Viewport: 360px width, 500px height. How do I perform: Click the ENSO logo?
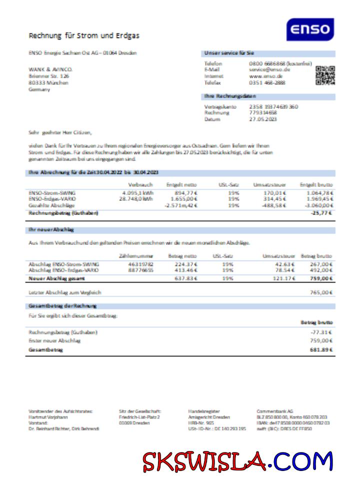tap(310, 29)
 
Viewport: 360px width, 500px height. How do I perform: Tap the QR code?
tap(325, 75)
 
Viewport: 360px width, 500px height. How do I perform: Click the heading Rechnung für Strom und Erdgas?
tap(84, 35)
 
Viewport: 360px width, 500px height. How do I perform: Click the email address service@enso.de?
tap(269, 70)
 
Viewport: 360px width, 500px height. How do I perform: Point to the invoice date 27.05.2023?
tap(263, 119)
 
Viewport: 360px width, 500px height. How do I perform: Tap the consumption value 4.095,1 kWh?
tap(137, 192)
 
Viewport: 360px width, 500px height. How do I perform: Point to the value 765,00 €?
tap(321, 292)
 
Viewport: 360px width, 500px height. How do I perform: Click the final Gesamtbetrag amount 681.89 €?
tap(321, 349)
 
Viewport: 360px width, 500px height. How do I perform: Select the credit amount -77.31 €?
tap(322, 332)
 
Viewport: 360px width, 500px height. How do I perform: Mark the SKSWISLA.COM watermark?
tap(237, 461)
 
